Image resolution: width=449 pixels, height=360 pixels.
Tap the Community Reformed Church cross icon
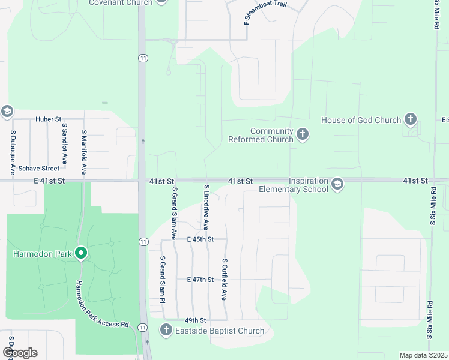pos(303,134)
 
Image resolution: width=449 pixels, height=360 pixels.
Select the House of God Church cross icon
pos(411,119)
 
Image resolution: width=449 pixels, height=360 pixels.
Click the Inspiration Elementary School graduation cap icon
pos(337,184)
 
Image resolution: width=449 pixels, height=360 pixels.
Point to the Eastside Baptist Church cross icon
pos(166,330)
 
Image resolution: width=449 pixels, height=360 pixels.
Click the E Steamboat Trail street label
pos(265,13)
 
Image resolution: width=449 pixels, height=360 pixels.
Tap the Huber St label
pos(49,119)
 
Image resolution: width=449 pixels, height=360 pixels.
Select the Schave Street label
pos(38,169)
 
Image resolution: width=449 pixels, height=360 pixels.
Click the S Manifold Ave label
pos(84,152)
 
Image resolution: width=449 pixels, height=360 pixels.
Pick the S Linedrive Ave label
pos(205,208)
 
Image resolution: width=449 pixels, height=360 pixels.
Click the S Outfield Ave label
pos(224,280)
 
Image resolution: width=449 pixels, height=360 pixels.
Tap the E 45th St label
pos(200,239)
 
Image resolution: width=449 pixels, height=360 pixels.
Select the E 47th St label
pos(200,280)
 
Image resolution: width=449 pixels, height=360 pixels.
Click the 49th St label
pos(196,320)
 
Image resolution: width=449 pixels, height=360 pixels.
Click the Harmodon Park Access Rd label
pos(103,304)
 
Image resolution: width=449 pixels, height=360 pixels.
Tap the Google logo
pos(20,353)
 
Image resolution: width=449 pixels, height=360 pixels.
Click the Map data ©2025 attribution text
pos(423,355)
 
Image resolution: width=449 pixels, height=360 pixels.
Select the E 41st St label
pos(49,181)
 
